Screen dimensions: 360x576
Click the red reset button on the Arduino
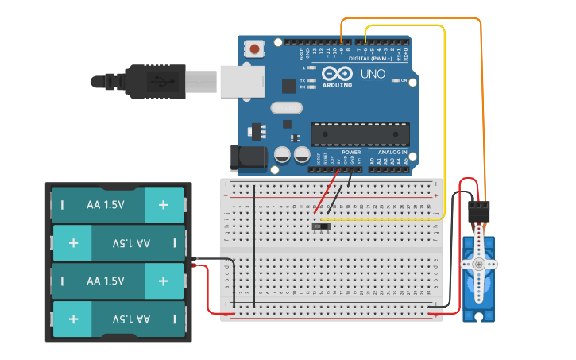click(x=254, y=49)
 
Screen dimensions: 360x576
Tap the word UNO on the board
click(x=373, y=74)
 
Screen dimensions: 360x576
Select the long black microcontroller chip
click(x=360, y=134)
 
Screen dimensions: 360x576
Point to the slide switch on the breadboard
click(x=322, y=226)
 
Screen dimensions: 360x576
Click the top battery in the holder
click(x=118, y=205)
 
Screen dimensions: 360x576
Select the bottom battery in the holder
click(x=118, y=319)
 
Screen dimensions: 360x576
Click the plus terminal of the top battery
click(x=163, y=205)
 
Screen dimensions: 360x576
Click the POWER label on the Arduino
click(x=350, y=152)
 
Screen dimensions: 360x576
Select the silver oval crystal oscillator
click(x=287, y=108)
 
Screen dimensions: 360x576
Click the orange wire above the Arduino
click(x=413, y=18)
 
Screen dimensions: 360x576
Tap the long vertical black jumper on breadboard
click(x=254, y=246)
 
